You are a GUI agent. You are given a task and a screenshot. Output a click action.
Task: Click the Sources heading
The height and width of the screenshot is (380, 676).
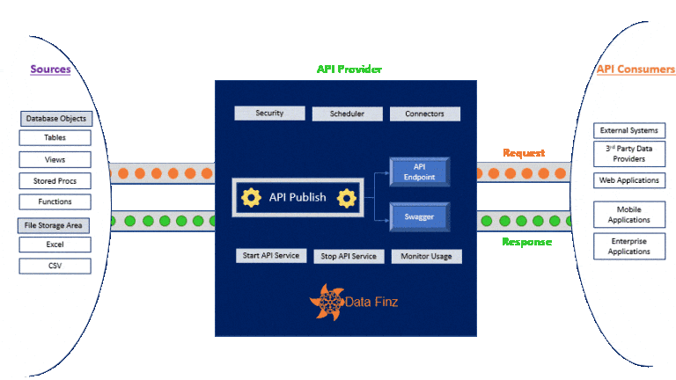point(50,69)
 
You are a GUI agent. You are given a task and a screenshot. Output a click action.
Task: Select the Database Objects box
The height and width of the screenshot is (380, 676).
point(55,119)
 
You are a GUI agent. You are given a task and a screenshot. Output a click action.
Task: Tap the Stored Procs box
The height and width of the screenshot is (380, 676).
point(55,181)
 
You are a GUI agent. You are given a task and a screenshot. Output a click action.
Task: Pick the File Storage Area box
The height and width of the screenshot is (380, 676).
point(55,225)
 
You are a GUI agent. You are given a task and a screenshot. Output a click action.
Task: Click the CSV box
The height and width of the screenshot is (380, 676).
point(55,266)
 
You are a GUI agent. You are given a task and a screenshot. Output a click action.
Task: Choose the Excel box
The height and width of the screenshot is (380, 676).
point(55,244)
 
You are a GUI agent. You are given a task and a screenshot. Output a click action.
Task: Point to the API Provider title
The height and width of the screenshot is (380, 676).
point(349,69)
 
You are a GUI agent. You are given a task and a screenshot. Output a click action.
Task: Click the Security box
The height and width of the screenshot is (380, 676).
point(269,113)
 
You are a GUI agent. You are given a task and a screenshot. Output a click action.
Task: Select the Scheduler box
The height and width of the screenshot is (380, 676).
point(347,113)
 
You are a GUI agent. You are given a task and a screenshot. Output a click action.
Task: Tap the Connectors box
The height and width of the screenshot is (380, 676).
point(424,113)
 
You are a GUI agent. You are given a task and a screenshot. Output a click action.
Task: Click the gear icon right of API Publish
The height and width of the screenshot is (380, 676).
point(347,198)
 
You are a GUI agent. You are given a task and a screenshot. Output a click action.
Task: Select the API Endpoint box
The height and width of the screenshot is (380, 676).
point(419,172)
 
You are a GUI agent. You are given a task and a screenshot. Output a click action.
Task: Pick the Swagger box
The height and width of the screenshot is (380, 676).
point(419,216)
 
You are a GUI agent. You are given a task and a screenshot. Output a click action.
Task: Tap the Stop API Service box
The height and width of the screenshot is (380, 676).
point(349,256)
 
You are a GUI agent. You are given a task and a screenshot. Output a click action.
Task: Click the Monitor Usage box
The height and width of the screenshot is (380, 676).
point(426,256)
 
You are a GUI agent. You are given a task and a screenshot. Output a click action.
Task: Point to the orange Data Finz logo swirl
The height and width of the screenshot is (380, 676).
point(327,302)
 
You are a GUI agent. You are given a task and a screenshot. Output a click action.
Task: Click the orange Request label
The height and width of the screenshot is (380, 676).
point(524,153)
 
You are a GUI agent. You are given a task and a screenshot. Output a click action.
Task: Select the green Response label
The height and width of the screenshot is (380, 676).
point(526,242)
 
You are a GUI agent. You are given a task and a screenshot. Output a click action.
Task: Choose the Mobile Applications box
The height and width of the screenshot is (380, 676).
point(628,215)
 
